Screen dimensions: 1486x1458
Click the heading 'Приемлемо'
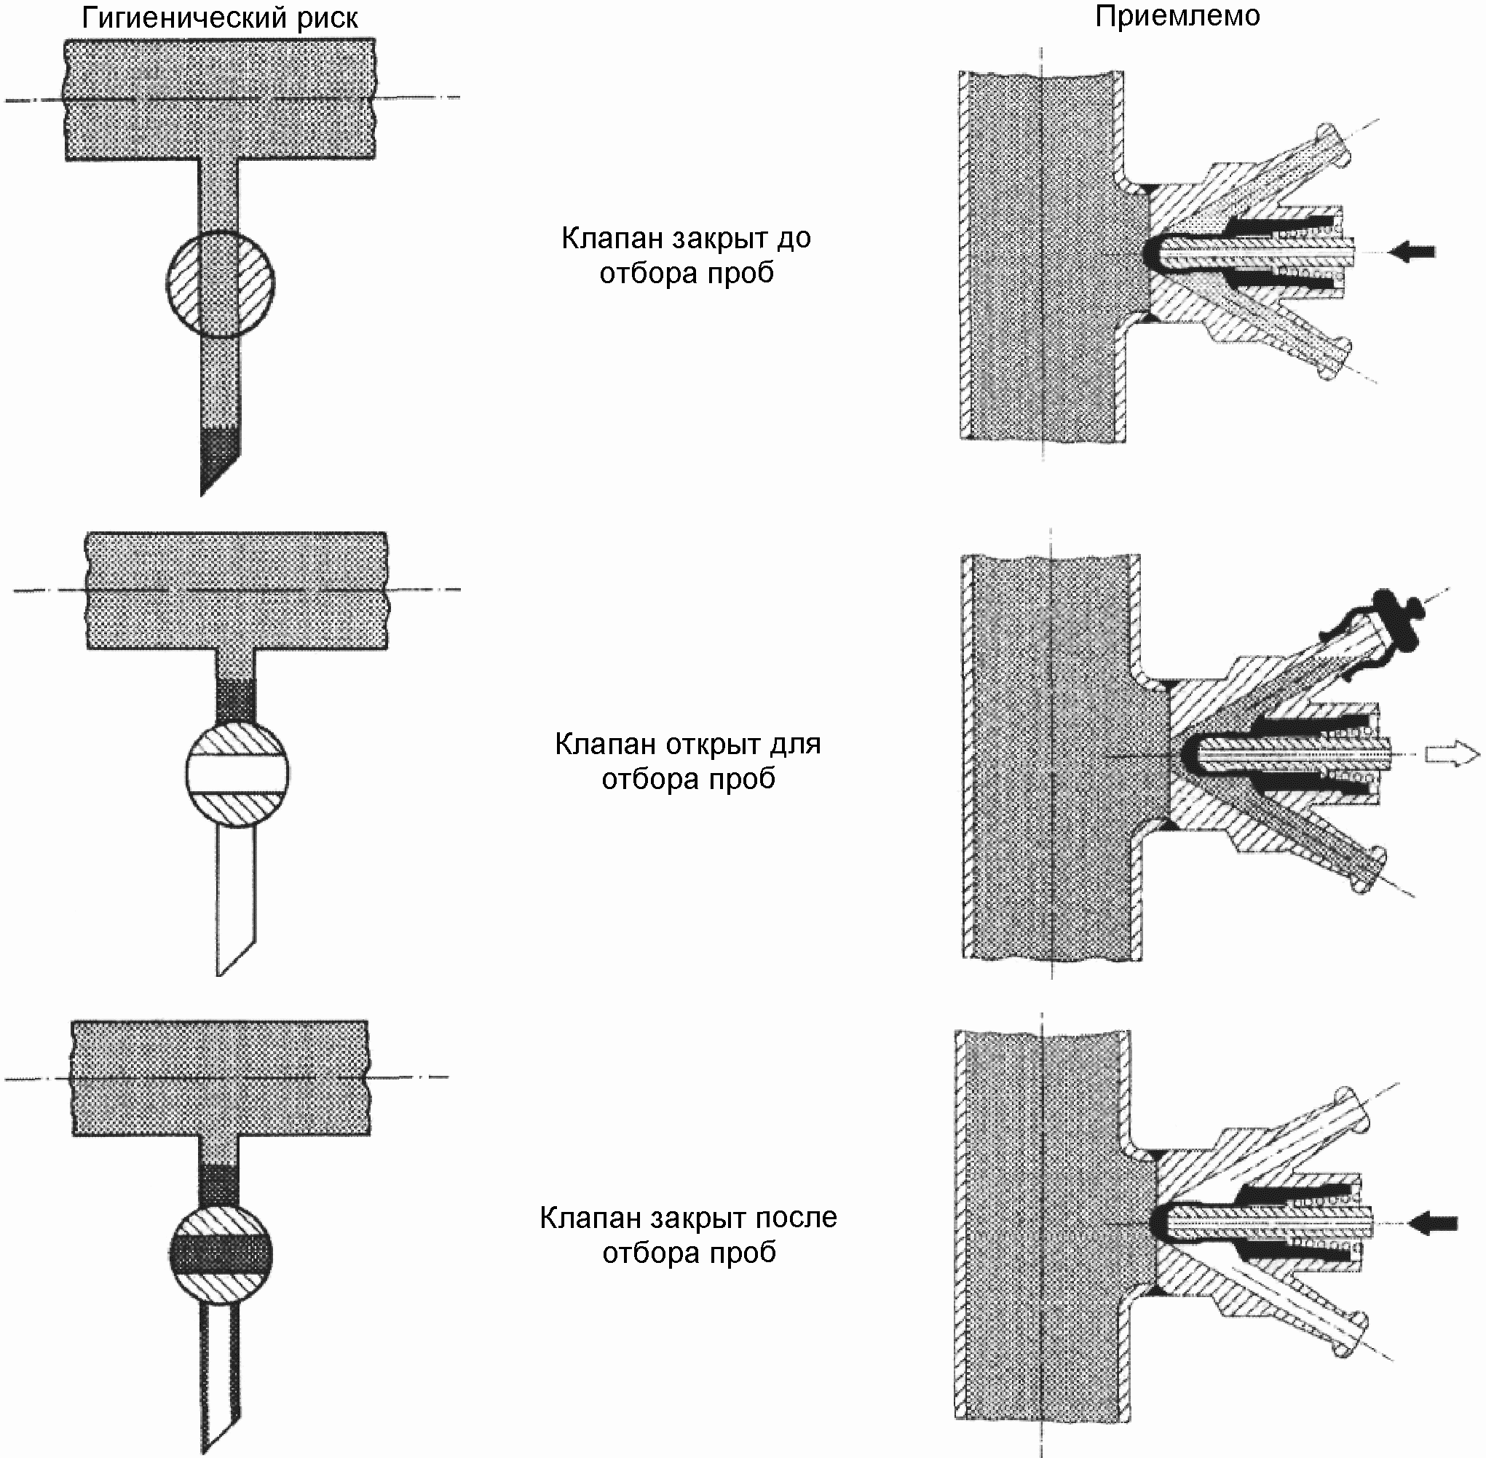point(1177,16)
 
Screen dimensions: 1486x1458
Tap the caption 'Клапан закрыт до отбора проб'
point(687,255)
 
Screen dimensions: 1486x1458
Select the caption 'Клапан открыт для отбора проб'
point(688,761)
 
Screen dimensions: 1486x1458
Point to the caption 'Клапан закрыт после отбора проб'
point(689,1235)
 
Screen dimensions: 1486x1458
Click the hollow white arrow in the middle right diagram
point(1452,754)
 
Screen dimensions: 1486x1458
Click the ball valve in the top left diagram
point(220,285)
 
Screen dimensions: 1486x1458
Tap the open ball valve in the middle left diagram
point(237,774)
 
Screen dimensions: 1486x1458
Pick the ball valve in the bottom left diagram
point(221,1256)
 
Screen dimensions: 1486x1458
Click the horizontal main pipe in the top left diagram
point(220,100)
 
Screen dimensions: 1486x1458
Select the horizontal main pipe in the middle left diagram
point(237,590)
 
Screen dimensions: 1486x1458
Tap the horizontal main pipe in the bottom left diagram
point(221,1078)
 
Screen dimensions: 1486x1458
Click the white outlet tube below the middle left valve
point(236,900)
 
